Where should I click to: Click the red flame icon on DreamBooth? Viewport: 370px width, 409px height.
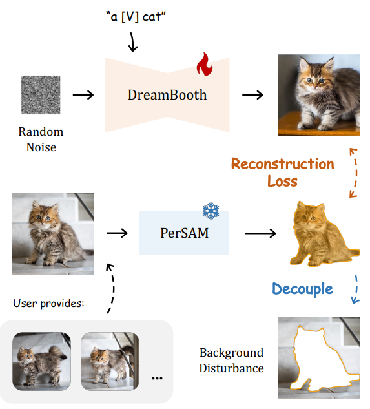(205, 64)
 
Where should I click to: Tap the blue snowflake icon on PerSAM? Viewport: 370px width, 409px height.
(211, 211)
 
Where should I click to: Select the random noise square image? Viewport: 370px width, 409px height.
(41, 95)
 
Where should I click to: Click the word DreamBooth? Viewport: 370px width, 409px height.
(167, 95)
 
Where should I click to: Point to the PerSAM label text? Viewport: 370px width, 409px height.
(184, 233)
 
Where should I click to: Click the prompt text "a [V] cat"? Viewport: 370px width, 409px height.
(136, 17)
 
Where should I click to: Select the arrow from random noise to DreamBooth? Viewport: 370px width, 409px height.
(83, 95)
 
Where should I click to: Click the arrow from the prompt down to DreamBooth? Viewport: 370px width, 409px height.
(133, 42)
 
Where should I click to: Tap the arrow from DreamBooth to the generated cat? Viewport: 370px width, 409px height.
(252, 95)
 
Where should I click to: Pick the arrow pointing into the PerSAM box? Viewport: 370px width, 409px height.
(117, 233)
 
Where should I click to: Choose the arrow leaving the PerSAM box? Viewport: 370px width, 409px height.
(260, 233)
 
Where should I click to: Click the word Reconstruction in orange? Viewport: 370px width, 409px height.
(283, 164)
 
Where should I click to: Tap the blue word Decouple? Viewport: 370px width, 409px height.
(302, 289)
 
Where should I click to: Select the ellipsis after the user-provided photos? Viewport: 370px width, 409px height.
(157, 378)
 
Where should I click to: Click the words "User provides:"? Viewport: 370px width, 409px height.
(49, 304)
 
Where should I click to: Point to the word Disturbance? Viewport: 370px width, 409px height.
(232, 368)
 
